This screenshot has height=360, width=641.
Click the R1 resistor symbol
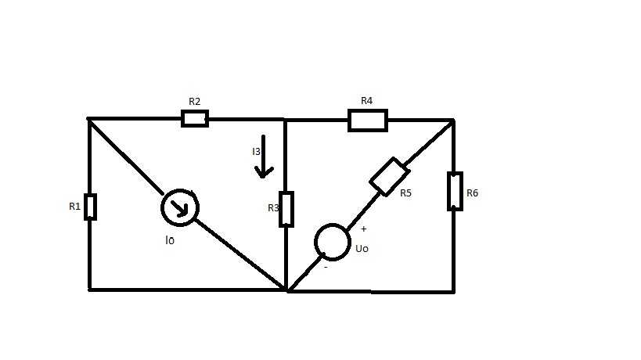click(90, 207)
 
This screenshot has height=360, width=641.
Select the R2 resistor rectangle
click(195, 118)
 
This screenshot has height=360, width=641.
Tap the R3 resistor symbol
click(286, 209)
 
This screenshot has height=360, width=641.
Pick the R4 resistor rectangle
click(368, 121)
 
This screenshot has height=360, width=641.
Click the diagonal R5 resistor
click(390, 177)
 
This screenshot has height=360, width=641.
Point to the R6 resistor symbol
click(455, 191)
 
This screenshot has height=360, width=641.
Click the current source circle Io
click(180, 207)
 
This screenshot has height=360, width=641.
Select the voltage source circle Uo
click(333, 242)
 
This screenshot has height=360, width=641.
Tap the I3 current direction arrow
click(264, 157)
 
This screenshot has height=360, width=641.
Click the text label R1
click(75, 207)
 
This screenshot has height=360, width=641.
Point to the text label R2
click(195, 101)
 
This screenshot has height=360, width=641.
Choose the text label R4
click(367, 100)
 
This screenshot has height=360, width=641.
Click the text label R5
click(405, 193)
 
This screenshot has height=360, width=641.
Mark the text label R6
click(472, 193)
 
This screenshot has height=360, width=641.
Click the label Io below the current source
click(170, 240)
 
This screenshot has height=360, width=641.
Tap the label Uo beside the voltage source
click(362, 248)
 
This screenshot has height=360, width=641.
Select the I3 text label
click(256, 152)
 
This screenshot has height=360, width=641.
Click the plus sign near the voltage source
click(363, 229)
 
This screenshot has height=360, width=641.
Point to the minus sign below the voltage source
click(326, 267)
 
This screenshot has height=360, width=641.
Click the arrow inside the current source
click(180, 207)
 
